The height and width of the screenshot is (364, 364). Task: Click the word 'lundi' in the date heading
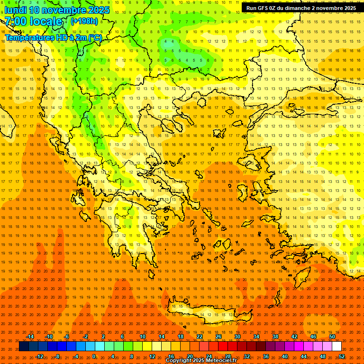click(x=15, y=10)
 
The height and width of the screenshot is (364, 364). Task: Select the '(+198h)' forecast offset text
click(x=84, y=21)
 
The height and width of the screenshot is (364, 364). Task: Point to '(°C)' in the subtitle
click(x=95, y=37)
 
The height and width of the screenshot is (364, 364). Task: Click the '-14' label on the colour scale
click(x=30, y=337)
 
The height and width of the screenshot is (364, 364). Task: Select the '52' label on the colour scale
click(x=342, y=356)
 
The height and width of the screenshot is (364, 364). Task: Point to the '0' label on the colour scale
click(x=94, y=356)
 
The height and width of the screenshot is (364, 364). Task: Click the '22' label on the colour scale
click(x=200, y=337)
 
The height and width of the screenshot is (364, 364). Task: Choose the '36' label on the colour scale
click(x=266, y=356)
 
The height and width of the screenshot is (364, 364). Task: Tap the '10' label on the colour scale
click(x=143, y=337)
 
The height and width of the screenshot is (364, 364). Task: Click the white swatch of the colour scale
click(x=337, y=346)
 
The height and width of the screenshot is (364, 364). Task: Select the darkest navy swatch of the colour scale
click(x=24, y=346)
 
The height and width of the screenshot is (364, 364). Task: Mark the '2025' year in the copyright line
click(x=197, y=361)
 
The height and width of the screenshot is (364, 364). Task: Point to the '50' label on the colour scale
click(x=332, y=337)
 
